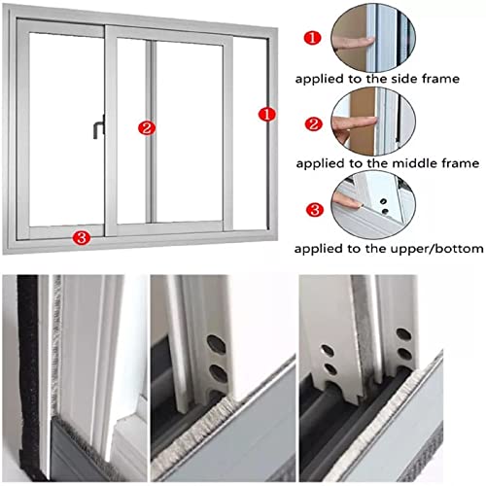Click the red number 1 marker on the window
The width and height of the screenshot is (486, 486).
coord(263,113)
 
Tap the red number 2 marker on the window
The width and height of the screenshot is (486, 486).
coord(147,126)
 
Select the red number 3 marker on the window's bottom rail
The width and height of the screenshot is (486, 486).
coord(82,235)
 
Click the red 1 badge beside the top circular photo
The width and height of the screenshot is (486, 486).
coord(312,38)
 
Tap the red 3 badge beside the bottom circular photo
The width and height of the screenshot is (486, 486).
coord(312,207)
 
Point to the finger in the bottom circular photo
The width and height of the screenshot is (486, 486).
coord(347,201)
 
